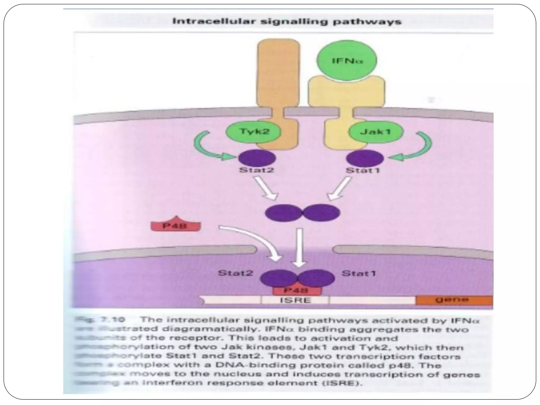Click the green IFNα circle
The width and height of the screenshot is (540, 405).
(x=346, y=60)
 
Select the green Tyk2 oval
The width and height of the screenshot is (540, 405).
(x=253, y=131)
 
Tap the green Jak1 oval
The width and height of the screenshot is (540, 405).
(x=375, y=132)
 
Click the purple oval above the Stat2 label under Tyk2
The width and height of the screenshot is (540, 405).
(x=257, y=158)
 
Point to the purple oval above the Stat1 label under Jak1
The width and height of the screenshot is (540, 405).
(x=365, y=158)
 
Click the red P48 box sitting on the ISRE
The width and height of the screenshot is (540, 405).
(x=297, y=291)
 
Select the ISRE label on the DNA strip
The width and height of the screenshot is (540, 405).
(x=295, y=300)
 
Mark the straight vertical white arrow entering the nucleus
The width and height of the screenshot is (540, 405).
(x=299, y=248)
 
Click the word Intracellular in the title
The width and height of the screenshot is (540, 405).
(x=214, y=21)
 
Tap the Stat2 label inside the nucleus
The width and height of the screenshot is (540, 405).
(x=235, y=273)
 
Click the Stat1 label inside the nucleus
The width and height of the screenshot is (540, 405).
(x=358, y=273)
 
